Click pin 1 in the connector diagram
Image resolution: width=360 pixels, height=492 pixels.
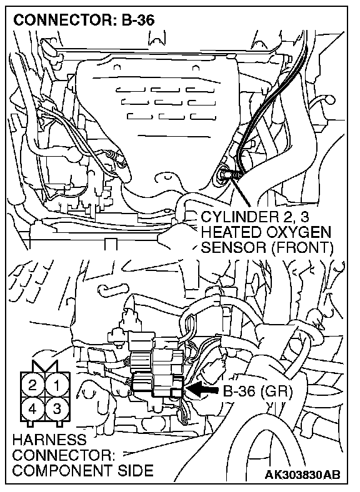(57, 385)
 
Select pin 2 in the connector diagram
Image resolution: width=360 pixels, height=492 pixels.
(32, 385)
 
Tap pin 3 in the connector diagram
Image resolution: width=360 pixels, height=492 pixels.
(57, 408)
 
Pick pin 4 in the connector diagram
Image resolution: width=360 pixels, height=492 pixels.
(32, 408)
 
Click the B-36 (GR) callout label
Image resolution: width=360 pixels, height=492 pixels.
(257, 391)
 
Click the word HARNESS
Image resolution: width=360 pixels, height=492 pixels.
(49, 440)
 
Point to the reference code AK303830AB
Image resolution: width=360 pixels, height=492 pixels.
(302, 475)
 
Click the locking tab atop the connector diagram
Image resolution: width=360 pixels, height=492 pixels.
(44, 367)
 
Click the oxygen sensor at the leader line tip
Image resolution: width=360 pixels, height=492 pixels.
(227, 173)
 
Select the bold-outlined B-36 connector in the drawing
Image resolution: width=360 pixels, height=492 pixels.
(157, 385)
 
